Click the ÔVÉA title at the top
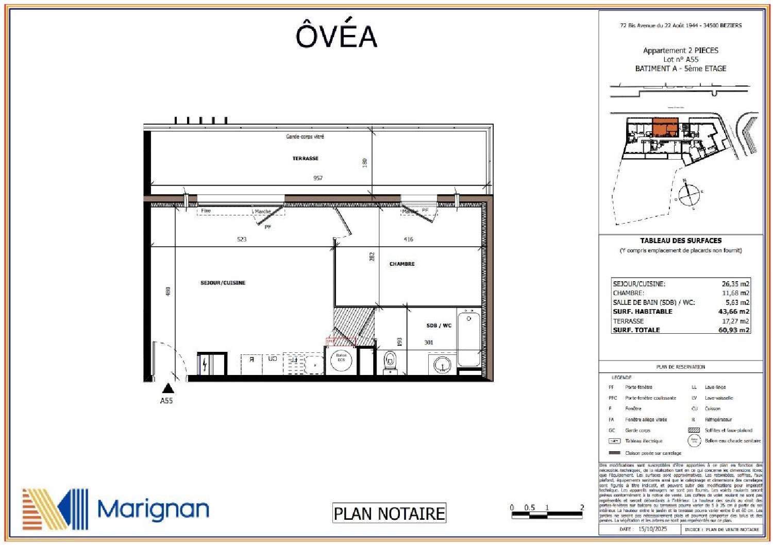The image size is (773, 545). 336,36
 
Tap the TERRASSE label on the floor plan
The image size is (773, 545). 305,158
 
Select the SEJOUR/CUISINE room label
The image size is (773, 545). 223,283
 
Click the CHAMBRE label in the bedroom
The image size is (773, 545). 402,264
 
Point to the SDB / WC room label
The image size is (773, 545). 439,326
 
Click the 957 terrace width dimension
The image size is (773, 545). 318,178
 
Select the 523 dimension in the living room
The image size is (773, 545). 242,240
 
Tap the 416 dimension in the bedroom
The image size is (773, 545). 408,240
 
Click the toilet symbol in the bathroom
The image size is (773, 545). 391,361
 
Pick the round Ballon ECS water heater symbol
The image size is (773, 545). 341,360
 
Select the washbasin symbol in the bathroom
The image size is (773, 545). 442,365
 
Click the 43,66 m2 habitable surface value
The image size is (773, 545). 734,312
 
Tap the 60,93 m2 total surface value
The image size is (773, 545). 734,330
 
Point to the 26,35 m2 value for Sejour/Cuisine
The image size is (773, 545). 735,284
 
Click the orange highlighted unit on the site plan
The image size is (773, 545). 665,126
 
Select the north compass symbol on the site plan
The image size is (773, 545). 688,194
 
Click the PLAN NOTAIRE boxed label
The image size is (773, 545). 389,514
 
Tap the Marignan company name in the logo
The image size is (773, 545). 153,509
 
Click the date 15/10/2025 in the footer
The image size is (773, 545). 652,529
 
